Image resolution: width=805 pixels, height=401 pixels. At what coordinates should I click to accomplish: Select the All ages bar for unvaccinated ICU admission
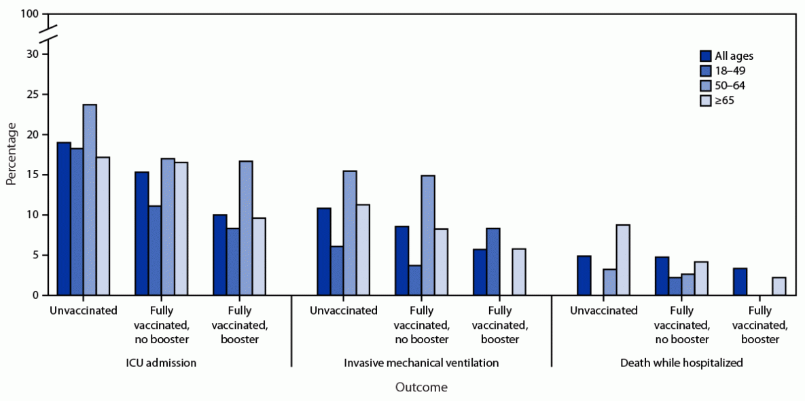coord(64,219)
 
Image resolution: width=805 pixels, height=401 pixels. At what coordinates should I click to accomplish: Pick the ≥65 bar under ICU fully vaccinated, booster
coord(259,256)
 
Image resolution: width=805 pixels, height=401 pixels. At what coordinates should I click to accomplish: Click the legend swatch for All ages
coord(705,56)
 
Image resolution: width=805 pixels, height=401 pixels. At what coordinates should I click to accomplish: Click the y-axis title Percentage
coord(11,154)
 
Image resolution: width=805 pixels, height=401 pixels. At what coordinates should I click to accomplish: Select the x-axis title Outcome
coord(421,387)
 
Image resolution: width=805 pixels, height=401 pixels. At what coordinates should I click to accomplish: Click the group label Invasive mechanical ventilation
coord(421,363)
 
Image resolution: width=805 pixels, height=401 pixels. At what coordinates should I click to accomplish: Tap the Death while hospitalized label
coord(681,363)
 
